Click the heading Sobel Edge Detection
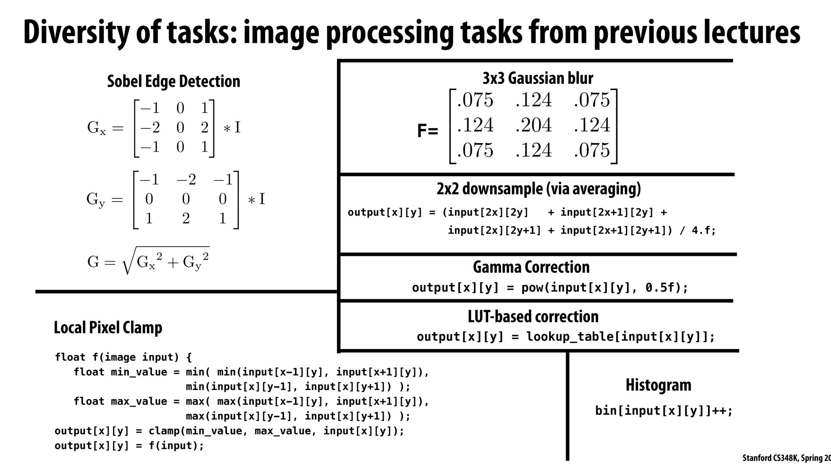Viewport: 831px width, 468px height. tap(173, 82)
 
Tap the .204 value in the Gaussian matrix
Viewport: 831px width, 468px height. tap(533, 125)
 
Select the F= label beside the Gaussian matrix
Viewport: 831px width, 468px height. tap(427, 131)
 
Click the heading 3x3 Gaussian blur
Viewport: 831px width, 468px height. tap(538, 78)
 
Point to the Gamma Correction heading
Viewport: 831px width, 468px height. tap(531, 267)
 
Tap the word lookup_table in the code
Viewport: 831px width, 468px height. tap(570, 337)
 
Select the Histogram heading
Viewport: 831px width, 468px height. tap(658, 385)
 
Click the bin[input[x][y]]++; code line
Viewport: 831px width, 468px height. tap(663, 411)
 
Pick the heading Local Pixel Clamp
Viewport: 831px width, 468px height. tap(108, 328)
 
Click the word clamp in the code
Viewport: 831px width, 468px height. tap(164, 431)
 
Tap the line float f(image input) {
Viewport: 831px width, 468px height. tap(123, 357)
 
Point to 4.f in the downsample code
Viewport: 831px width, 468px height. tap(700, 230)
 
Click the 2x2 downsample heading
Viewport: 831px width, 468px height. tap(538, 189)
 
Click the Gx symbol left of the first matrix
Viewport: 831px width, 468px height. tap(96, 128)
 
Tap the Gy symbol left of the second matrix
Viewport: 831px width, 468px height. tap(95, 200)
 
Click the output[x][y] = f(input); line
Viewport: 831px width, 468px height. tap(129, 446)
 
